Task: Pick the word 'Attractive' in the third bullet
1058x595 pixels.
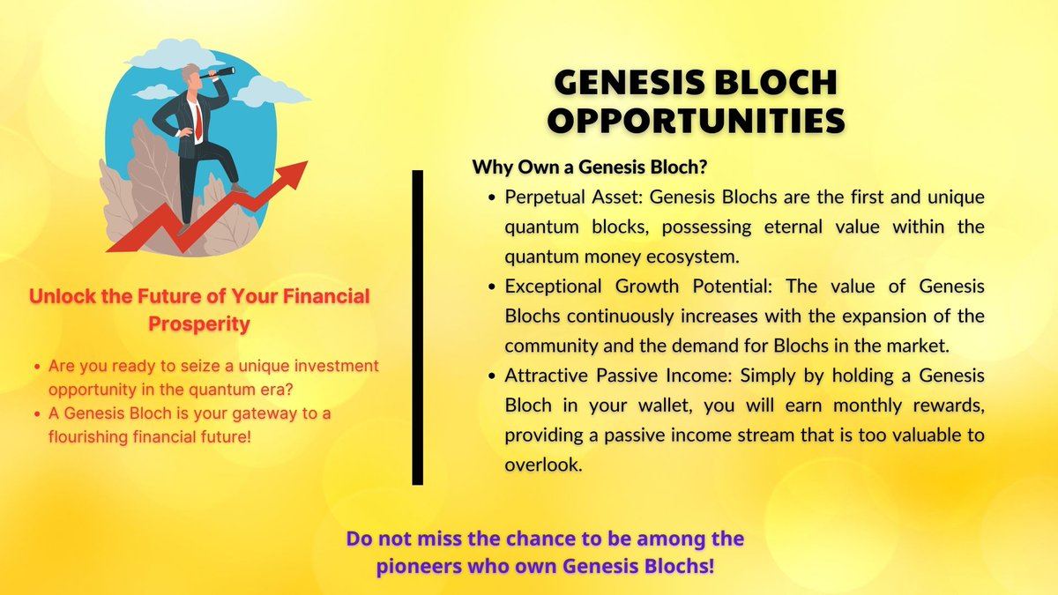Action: click(x=543, y=376)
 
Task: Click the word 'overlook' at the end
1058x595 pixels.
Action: click(x=543, y=465)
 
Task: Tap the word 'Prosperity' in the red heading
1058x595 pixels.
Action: click(x=198, y=324)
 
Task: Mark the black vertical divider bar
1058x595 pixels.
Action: click(x=417, y=327)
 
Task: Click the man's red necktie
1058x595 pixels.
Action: click(x=198, y=118)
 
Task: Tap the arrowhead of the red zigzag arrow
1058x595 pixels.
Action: click(x=296, y=172)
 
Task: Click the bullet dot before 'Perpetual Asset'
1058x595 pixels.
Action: click(x=491, y=197)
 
